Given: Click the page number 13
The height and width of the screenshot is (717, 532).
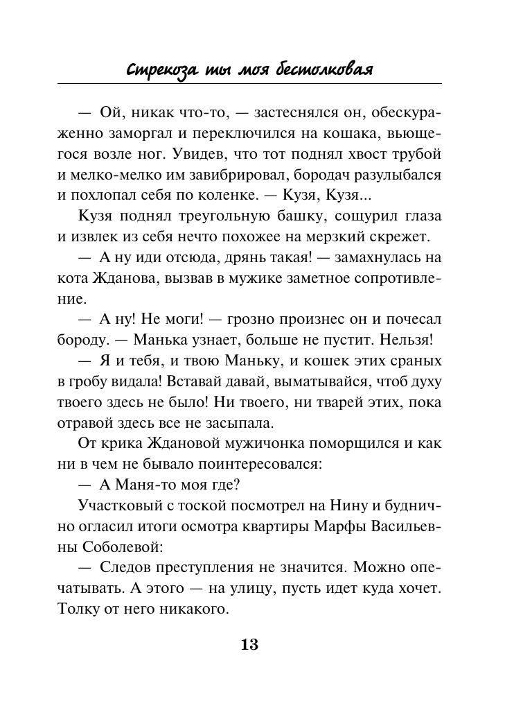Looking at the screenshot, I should coord(249,645).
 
